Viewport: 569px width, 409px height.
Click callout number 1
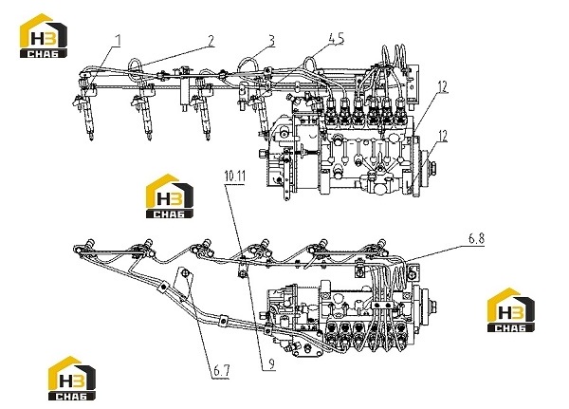[x=118, y=40]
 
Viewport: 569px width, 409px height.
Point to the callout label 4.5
[x=336, y=38]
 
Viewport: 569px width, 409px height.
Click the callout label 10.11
[x=235, y=177]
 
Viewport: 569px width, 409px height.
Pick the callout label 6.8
[x=476, y=238]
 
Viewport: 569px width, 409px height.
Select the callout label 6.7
[x=221, y=371]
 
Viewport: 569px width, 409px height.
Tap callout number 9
[x=271, y=363]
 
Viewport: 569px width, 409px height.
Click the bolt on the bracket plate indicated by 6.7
[x=185, y=273]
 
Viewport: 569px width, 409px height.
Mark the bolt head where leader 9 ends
[x=242, y=273]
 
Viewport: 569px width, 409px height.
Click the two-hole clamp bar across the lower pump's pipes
[x=383, y=304]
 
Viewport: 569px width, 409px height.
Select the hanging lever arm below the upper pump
[x=286, y=175]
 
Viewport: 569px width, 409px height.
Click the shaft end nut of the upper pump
[x=432, y=167]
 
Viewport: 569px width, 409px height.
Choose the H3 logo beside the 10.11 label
[x=170, y=196]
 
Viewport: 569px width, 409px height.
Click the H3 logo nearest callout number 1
[x=44, y=36]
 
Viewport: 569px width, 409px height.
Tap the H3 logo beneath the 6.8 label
[x=510, y=310]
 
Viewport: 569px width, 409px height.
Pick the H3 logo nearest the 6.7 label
[x=72, y=378]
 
